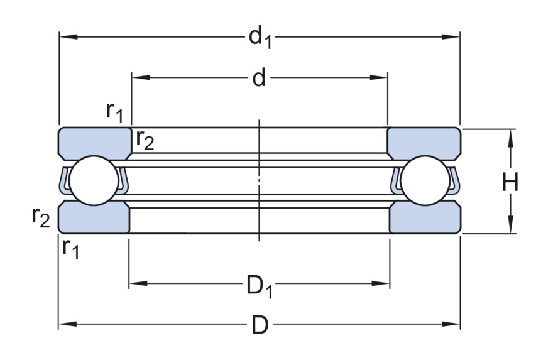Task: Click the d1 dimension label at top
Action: click(260, 38)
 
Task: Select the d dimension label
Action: click(259, 79)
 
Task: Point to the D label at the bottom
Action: click(260, 325)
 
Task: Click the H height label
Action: click(510, 183)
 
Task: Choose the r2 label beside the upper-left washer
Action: click(144, 141)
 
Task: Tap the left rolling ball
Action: click(93, 181)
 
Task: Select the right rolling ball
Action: click(425, 181)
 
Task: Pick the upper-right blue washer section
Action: click(423, 143)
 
